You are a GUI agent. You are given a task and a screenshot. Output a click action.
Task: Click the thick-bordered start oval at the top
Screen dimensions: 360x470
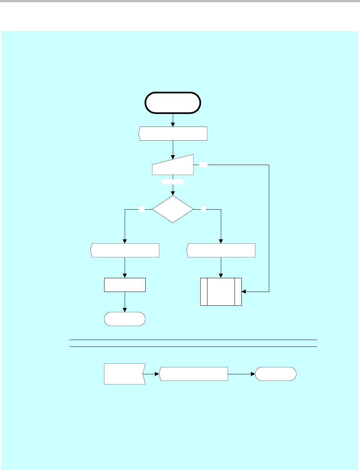pos(173,103)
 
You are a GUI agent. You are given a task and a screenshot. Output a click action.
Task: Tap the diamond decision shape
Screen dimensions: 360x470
pos(173,209)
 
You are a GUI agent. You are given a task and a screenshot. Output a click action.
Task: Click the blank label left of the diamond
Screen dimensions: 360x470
pos(141,209)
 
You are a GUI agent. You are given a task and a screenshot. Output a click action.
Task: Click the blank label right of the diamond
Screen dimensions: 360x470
pos(204,209)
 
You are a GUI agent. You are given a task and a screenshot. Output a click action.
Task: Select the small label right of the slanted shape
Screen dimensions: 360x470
pos(203,165)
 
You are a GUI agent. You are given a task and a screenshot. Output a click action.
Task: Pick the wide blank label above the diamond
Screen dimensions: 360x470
pos(172,182)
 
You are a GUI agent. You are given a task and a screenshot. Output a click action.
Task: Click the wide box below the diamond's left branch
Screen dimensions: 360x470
pos(125,250)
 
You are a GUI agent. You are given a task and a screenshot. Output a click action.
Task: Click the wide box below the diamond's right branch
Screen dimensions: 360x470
pos(221,250)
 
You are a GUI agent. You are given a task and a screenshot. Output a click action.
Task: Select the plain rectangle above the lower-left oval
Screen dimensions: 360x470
pos(125,285)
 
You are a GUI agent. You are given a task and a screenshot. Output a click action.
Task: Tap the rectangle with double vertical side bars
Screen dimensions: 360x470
pos(221,292)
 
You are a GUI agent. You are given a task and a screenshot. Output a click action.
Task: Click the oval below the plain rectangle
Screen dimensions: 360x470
pos(125,319)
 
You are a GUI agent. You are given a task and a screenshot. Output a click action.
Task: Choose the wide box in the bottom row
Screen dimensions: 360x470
pos(193,374)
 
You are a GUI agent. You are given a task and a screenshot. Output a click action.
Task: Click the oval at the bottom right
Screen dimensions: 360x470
pos(276,374)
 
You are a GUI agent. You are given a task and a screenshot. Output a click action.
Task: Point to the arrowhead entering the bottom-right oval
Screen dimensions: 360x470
pos(252,374)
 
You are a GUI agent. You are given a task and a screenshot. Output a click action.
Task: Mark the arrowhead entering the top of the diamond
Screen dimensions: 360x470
pos(173,194)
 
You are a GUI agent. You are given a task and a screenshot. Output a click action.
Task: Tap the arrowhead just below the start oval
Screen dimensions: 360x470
pos(173,125)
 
